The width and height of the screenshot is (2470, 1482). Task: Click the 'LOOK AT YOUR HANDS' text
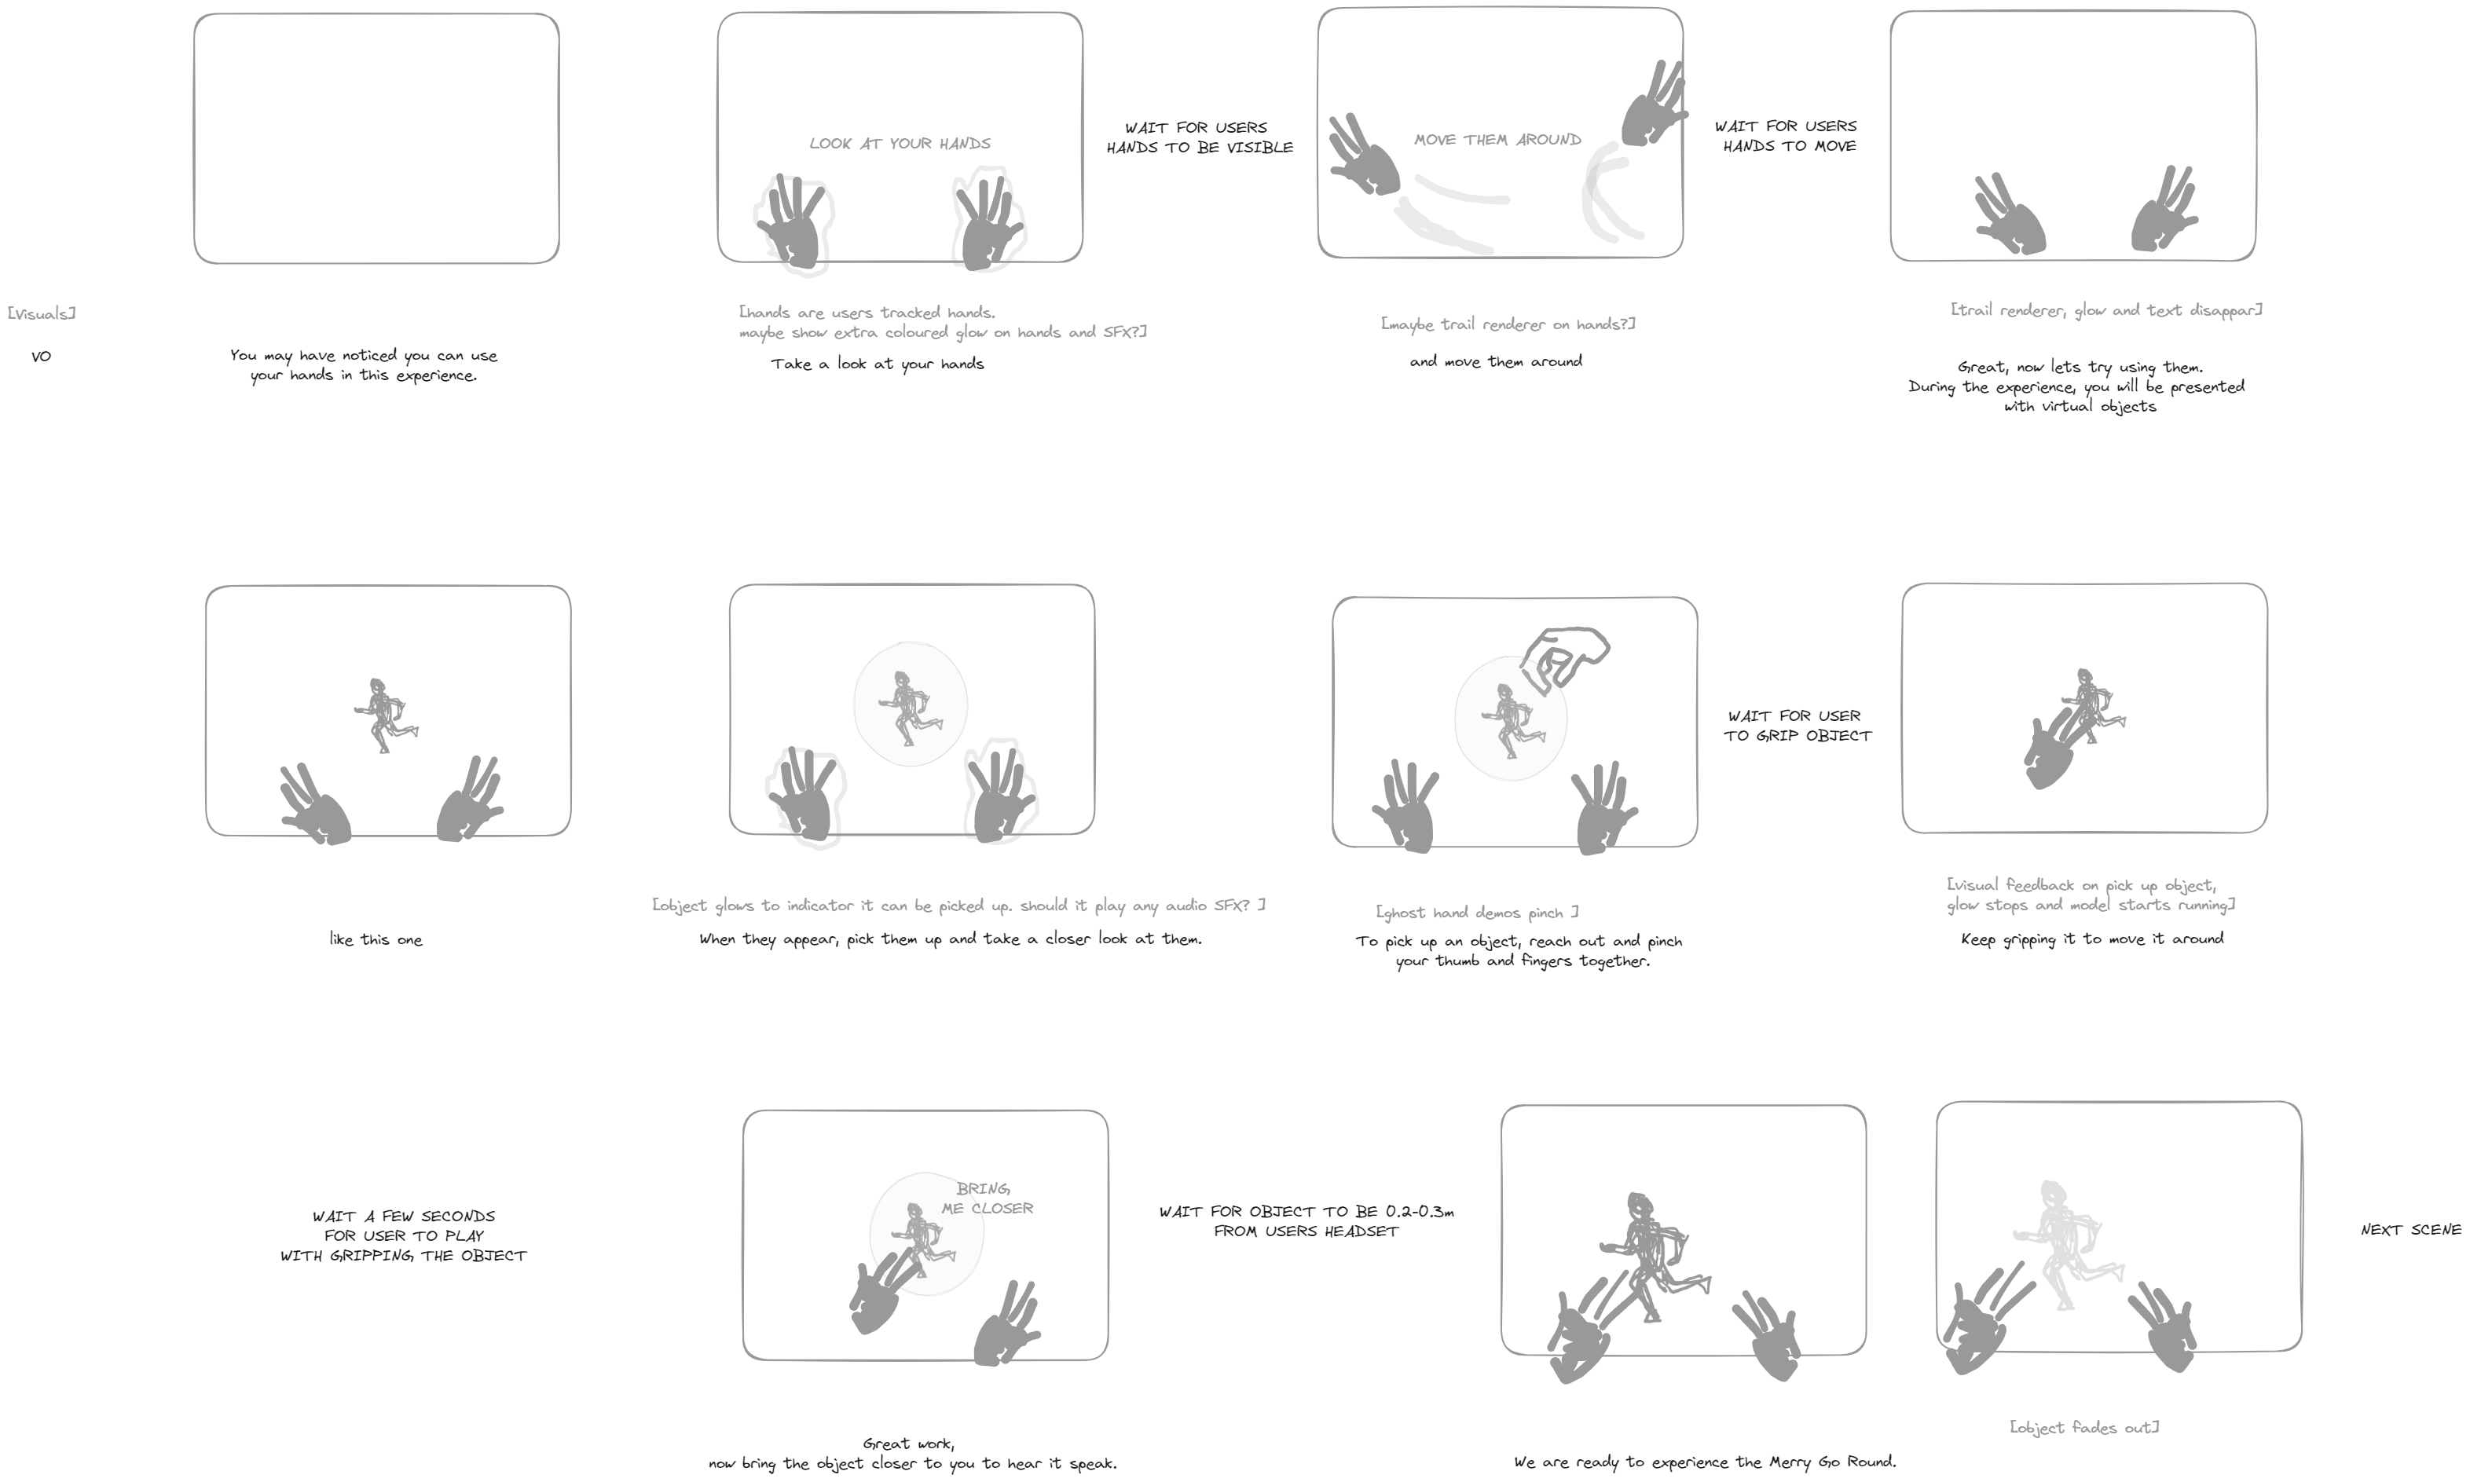click(x=900, y=144)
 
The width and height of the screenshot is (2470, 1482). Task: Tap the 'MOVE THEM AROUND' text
click(x=1497, y=140)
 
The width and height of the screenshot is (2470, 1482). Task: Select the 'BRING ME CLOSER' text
click(x=987, y=1198)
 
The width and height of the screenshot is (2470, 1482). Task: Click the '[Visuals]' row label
click(x=42, y=313)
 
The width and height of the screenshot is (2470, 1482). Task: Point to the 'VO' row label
click(x=41, y=357)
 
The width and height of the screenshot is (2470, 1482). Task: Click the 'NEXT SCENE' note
click(x=2410, y=1229)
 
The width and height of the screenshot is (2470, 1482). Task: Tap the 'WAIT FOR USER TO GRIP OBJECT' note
click(x=1797, y=726)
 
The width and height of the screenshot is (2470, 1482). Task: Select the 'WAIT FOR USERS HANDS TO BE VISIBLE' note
click(x=1199, y=137)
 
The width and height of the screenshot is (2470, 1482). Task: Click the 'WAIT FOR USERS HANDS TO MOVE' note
click(x=1786, y=136)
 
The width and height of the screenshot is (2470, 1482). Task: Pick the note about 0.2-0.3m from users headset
click(x=1306, y=1221)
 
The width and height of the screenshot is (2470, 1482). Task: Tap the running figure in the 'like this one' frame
click(x=386, y=715)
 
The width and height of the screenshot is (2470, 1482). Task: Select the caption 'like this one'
click(x=376, y=940)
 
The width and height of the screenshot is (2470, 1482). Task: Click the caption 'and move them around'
click(x=1495, y=361)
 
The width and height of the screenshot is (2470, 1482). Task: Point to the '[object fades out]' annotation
click(x=2083, y=1427)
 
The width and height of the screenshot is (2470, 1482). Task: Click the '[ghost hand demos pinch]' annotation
click(x=1476, y=913)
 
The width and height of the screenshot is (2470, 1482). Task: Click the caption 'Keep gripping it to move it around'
click(x=2091, y=939)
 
